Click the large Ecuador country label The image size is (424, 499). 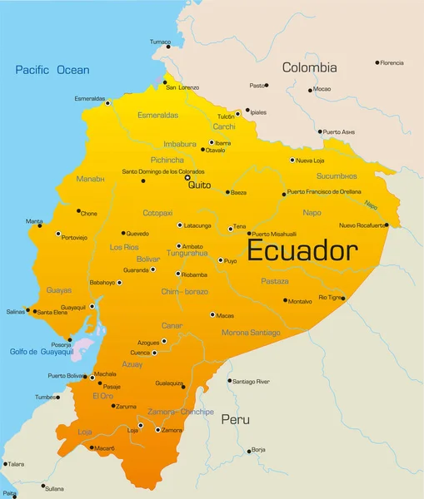point(303,250)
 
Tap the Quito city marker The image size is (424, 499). point(187,177)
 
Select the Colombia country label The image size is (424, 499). point(309,67)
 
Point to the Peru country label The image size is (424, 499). point(235,420)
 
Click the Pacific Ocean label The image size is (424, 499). point(52,70)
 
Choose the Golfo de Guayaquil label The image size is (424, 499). point(42,352)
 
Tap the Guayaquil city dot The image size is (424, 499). point(92,307)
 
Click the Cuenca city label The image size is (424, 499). point(139,353)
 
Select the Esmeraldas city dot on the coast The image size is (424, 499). point(107,103)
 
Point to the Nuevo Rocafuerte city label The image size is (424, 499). point(362,225)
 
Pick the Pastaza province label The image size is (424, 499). point(274,282)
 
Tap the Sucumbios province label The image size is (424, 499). point(337,176)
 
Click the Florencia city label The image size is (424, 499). point(392,62)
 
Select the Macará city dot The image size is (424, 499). point(92,447)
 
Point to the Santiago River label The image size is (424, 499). point(251,381)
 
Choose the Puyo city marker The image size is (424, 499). point(221,260)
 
